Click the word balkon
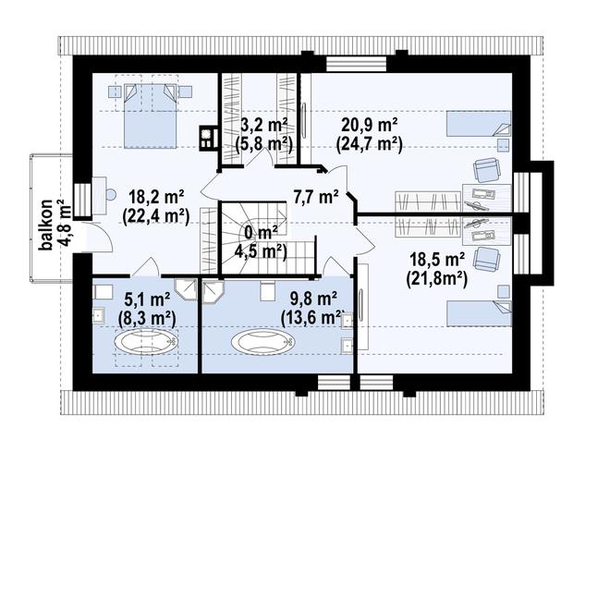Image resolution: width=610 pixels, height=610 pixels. (x=46, y=225)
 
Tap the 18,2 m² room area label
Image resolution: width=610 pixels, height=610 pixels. (x=155, y=197)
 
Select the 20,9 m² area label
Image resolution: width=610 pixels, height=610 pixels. (x=369, y=126)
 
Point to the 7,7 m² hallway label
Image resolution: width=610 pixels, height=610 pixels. (x=315, y=197)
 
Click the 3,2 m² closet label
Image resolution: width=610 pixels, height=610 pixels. (x=263, y=126)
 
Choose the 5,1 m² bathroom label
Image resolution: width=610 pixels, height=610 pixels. (x=147, y=299)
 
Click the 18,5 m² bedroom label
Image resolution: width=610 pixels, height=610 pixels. (x=437, y=259)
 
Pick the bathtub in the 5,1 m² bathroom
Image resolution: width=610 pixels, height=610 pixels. (x=145, y=342)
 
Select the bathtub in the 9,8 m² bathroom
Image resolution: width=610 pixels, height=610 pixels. (x=263, y=342)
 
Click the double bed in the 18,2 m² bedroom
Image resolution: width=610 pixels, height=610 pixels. (x=150, y=116)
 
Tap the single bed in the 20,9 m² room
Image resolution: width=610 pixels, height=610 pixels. (x=478, y=124)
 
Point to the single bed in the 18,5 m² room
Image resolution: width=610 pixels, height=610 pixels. (x=479, y=312)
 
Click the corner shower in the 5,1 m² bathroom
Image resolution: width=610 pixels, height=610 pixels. (x=186, y=290)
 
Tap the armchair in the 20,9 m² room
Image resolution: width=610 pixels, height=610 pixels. (x=486, y=170)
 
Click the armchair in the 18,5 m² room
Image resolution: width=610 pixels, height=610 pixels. (x=487, y=259)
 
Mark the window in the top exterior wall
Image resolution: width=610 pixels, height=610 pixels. (x=357, y=64)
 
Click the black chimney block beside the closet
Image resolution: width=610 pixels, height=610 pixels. (x=209, y=138)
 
